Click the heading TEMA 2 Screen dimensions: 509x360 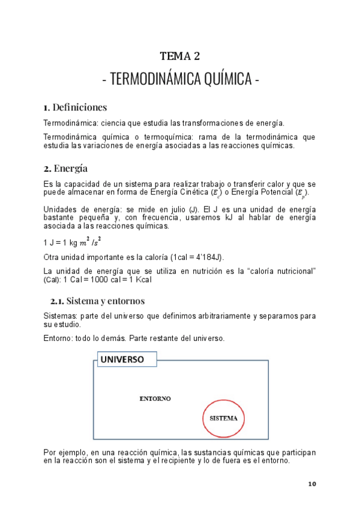[179, 56]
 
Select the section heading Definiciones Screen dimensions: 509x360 [80, 107]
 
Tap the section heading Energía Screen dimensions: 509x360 [70, 168]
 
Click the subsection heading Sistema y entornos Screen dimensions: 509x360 [105, 301]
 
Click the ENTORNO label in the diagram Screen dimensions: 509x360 [155, 399]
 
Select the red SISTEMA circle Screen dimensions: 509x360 [223, 418]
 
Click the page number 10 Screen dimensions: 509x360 [311, 484]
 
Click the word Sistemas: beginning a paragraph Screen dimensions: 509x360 [61, 316]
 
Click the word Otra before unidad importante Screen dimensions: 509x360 [52, 258]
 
